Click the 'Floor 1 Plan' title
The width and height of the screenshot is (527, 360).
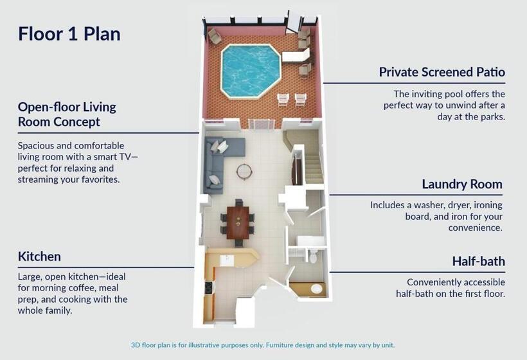click(x=69, y=33)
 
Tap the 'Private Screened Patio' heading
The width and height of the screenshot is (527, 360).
click(x=442, y=72)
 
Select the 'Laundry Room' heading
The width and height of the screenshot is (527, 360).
click(x=461, y=184)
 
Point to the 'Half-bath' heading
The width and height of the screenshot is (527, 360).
click(x=478, y=261)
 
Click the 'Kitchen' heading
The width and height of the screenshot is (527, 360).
click(x=39, y=256)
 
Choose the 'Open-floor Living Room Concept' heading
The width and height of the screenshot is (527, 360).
click(x=67, y=114)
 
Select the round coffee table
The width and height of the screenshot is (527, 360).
click(x=244, y=172)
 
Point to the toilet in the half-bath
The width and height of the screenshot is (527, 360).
click(x=313, y=257)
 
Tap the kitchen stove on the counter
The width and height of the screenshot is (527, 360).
click(x=208, y=289)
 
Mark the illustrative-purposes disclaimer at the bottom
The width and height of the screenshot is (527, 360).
click(x=263, y=345)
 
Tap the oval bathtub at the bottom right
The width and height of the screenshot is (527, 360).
click(x=316, y=289)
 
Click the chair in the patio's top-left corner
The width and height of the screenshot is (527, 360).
click(x=214, y=35)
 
